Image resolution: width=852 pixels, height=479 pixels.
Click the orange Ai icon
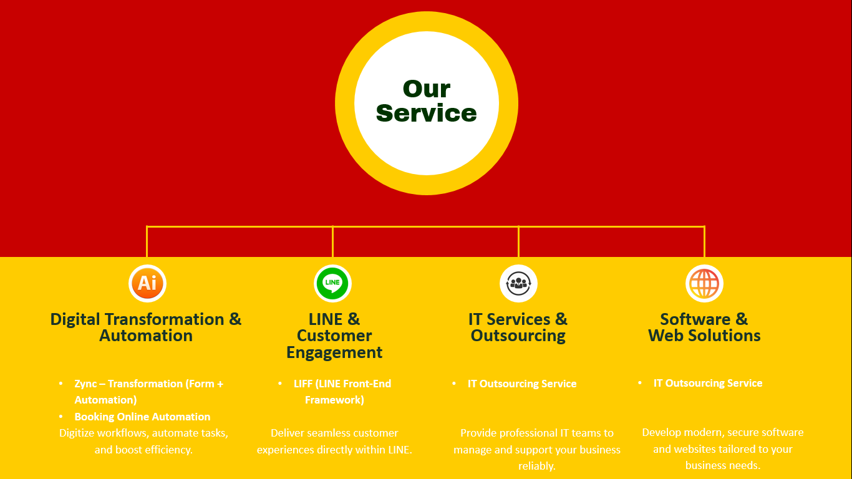[147, 283]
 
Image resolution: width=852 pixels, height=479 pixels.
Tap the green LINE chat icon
[332, 283]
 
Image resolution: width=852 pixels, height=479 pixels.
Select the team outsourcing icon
[518, 283]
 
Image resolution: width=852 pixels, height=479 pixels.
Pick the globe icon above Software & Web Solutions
[704, 283]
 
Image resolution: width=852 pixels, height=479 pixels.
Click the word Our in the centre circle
[427, 89]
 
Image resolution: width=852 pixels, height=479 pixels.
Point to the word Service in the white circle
[427, 113]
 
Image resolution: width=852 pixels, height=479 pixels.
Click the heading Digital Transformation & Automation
[146, 327]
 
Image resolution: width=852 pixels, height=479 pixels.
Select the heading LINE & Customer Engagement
[334, 336]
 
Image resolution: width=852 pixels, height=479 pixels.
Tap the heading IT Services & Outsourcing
[518, 327]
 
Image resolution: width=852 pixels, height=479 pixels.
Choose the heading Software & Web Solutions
[704, 327]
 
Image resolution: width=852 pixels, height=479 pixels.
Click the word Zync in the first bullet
[85, 384]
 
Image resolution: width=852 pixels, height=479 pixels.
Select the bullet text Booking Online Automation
[142, 417]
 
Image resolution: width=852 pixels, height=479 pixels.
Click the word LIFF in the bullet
[303, 384]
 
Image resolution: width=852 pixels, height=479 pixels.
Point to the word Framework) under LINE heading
[334, 400]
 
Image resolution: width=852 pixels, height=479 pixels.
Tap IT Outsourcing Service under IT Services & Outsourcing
[522, 384]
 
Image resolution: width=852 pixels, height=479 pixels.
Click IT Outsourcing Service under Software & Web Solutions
[708, 383]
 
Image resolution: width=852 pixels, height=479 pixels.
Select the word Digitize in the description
[77, 433]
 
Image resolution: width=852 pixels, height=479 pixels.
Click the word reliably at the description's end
[536, 466]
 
